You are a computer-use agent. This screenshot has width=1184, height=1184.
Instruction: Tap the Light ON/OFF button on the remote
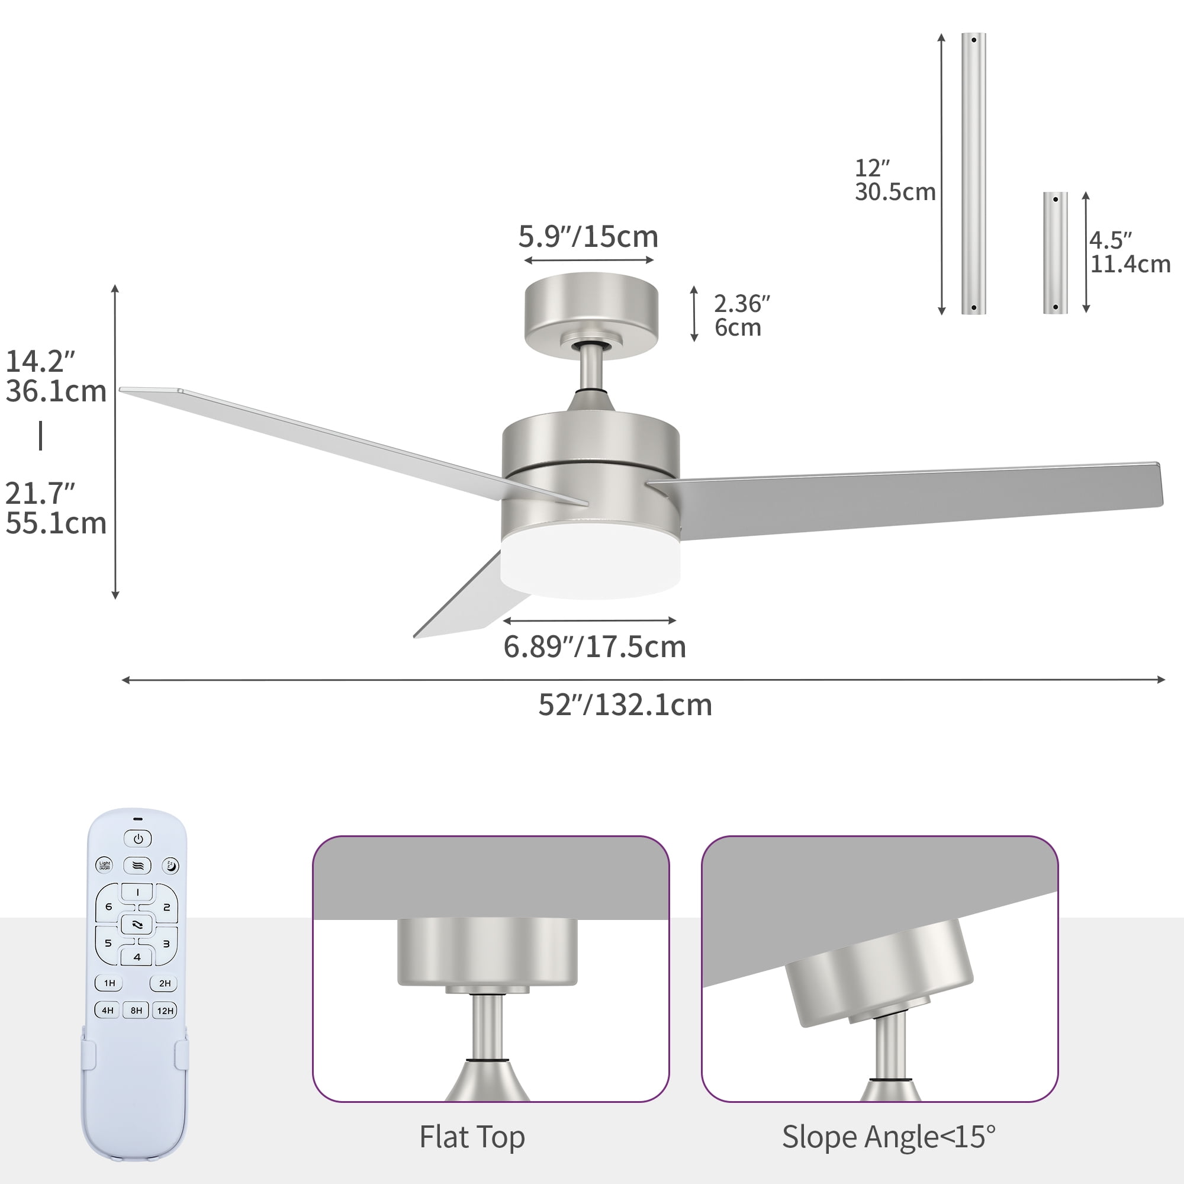tap(105, 866)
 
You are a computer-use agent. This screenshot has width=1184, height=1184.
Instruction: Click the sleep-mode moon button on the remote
tap(171, 866)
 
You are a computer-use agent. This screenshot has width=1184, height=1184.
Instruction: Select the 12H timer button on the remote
tap(165, 1011)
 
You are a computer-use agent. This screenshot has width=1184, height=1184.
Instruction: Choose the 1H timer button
tap(109, 983)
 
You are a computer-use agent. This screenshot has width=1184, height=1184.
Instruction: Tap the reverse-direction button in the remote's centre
tap(137, 925)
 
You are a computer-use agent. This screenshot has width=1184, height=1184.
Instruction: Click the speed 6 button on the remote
tap(108, 906)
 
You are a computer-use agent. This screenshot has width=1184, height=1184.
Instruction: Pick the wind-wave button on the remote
tap(137, 866)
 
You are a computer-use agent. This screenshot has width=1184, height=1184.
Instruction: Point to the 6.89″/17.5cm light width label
tap(594, 647)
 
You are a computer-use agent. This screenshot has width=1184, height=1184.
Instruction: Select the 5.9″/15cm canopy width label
tap(588, 237)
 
